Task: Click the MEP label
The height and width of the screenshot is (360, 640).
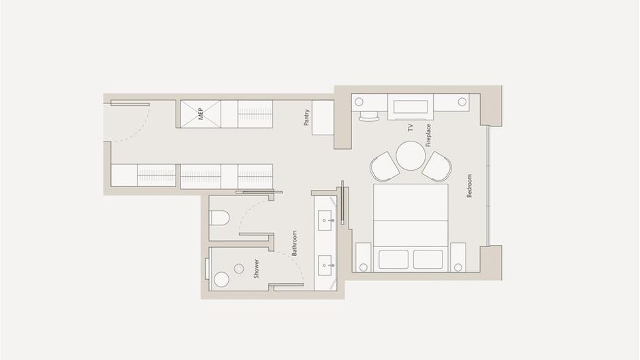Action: (x=200, y=114)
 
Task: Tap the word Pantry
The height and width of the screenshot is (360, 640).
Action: (x=306, y=117)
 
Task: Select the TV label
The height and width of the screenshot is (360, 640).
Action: (x=411, y=127)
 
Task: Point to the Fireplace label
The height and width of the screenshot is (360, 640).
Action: (x=428, y=135)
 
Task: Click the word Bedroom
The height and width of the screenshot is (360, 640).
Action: (x=469, y=186)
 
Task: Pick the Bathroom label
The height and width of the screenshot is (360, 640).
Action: (x=294, y=243)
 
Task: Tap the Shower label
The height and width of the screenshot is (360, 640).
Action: (x=256, y=269)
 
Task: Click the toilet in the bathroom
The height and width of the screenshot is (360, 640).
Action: (x=219, y=218)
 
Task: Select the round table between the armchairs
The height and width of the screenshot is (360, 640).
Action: (x=411, y=156)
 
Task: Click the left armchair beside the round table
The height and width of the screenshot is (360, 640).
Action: (x=385, y=166)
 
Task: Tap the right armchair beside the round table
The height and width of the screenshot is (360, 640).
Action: (x=437, y=166)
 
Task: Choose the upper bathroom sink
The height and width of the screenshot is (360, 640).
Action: (x=325, y=220)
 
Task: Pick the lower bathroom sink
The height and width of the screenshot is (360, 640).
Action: (x=325, y=265)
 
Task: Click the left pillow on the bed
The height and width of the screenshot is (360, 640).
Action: (x=394, y=259)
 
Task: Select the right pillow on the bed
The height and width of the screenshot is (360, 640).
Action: (x=428, y=259)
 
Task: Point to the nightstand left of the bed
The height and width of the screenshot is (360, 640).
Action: (x=364, y=257)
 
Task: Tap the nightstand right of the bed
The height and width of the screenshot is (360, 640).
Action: (x=458, y=257)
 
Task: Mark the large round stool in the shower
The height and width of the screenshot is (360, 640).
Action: (x=222, y=280)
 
